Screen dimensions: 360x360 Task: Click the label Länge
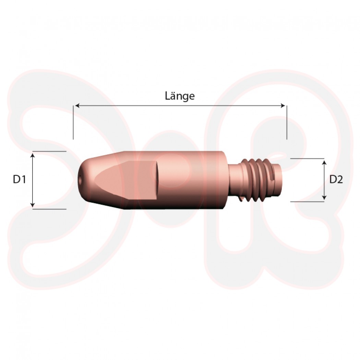coord(180,96)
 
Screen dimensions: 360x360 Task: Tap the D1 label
coord(20,179)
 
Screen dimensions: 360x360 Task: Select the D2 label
coord(336,179)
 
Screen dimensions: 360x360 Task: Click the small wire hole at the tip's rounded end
coord(80,179)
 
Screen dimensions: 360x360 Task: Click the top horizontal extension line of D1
coord(50,151)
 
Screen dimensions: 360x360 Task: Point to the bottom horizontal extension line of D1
coord(50,208)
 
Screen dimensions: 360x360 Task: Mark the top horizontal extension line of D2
coord(307,159)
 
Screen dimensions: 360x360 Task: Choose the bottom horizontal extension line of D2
coord(307,202)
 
